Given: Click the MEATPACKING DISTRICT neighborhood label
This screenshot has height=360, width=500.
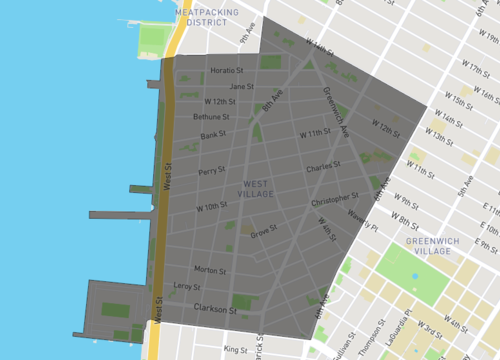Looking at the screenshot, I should click(207, 16).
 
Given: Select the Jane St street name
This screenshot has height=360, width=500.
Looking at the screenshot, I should click(228, 86).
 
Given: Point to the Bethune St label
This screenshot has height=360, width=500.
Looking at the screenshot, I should click(214, 118).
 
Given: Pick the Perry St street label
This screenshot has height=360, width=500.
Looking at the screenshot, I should click(211, 171).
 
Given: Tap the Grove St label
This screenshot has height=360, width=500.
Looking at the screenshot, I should click(263, 233).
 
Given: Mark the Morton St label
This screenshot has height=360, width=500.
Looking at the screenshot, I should click(209, 270).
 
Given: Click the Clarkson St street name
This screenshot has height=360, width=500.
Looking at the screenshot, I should click(214, 309).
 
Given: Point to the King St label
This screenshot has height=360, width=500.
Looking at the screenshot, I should click(235, 349).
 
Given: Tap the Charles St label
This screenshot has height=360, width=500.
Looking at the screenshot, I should click(324, 167).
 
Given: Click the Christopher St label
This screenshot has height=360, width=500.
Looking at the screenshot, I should click(334, 200).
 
